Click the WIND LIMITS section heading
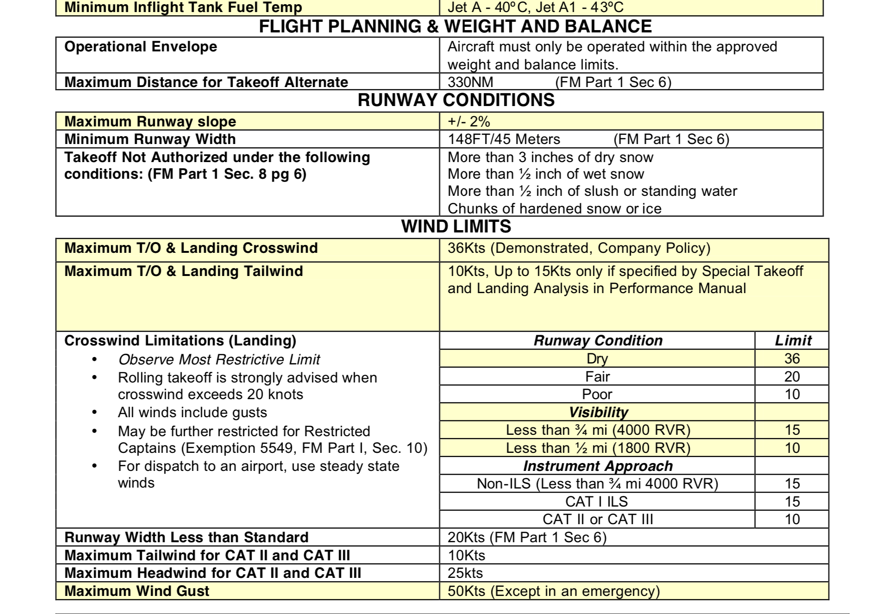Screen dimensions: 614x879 tap(456, 226)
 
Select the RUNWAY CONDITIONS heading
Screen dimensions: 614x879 tap(456, 100)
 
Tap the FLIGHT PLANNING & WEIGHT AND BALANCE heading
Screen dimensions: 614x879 tap(455, 26)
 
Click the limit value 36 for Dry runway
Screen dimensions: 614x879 tap(792, 358)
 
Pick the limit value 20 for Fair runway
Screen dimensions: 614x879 tap(792, 376)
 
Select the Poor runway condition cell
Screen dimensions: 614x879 tap(597, 394)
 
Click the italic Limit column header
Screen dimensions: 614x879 tap(793, 340)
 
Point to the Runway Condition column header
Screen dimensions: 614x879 tap(597, 340)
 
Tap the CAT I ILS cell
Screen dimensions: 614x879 tap(596, 501)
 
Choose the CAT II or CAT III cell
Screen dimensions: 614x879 tap(597, 519)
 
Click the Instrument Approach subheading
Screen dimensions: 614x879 tap(597, 466)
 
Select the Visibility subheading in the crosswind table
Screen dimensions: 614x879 tap(598, 412)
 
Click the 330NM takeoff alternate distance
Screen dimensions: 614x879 tap(470, 82)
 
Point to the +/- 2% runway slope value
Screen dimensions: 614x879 tap(468, 121)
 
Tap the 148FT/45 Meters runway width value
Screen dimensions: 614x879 tap(503, 139)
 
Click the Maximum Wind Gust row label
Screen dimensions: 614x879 tap(137, 591)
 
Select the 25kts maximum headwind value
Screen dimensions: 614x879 tap(465, 573)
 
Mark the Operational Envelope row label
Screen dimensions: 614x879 tap(140, 47)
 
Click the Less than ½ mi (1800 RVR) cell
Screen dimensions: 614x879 tap(597, 448)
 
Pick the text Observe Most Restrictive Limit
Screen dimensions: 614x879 tap(219, 359)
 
